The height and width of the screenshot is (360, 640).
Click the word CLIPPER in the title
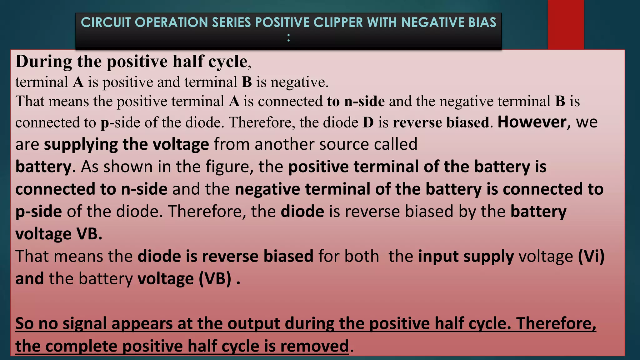338,22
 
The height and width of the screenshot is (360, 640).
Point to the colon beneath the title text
288,38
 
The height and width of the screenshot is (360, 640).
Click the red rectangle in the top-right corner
566,24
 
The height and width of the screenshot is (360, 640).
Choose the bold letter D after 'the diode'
368,122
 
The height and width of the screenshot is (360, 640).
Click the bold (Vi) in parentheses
591,256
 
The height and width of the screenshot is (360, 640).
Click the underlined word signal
85,323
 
